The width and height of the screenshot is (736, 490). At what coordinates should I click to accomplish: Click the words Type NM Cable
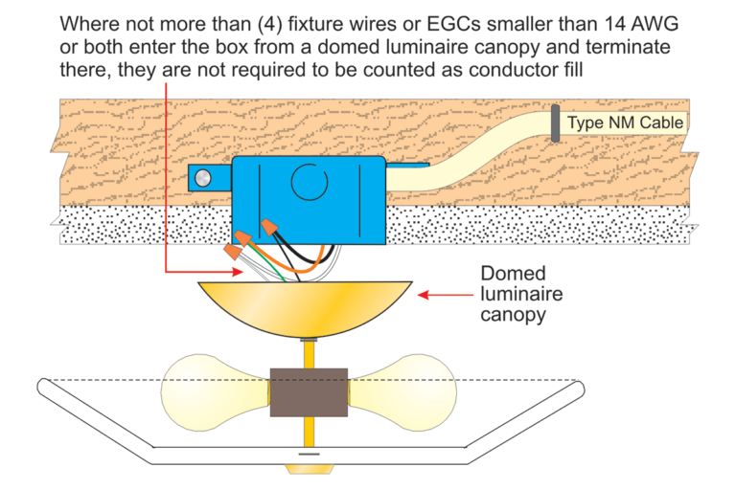click(x=625, y=122)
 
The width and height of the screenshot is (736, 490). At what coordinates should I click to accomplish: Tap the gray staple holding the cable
click(x=554, y=124)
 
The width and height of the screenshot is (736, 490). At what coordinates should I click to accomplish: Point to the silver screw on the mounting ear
click(x=201, y=177)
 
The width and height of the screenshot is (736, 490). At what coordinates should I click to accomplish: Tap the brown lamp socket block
click(x=308, y=392)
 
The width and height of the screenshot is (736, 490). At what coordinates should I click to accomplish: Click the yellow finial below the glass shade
click(x=308, y=469)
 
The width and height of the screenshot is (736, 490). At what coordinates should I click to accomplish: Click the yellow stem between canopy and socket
click(x=308, y=354)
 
